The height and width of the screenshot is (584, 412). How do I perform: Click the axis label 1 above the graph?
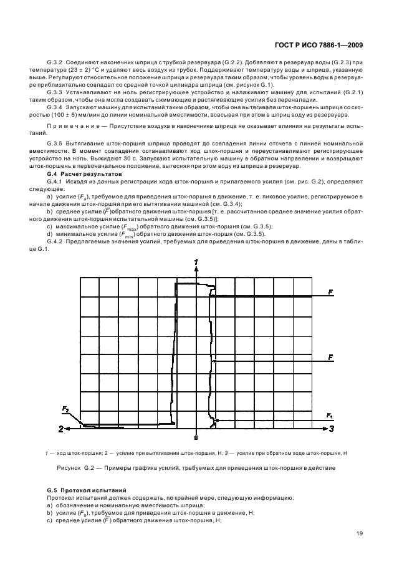click(x=196, y=261)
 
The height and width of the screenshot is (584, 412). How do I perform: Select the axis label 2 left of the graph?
click(x=61, y=429)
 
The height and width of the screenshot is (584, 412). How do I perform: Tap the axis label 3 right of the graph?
click(x=332, y=429)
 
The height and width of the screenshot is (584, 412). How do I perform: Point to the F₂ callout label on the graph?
click(x=65, y=408)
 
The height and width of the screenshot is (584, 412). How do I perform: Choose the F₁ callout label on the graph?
click(x=330, y=415)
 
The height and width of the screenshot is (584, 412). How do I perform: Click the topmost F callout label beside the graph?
click(x=330, y=291)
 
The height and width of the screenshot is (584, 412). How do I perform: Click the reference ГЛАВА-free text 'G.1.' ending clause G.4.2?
click(x=55, y=250)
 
